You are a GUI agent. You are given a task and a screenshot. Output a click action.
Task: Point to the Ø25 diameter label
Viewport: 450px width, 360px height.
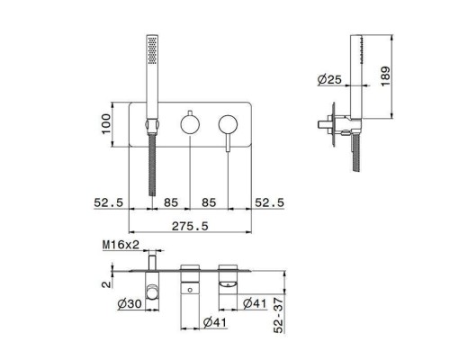coord(329,80)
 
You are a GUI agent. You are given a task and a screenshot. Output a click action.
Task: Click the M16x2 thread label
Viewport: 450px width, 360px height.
coord(119,244)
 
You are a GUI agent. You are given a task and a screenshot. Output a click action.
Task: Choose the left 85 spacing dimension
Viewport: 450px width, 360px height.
coord(171,202)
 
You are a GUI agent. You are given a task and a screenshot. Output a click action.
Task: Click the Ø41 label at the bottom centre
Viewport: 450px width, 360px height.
coord(214,321)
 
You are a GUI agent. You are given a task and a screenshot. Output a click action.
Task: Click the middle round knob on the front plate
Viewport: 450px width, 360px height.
coord(190,123)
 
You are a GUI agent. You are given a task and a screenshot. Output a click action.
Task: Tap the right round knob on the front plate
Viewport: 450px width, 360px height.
coord(228,123)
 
